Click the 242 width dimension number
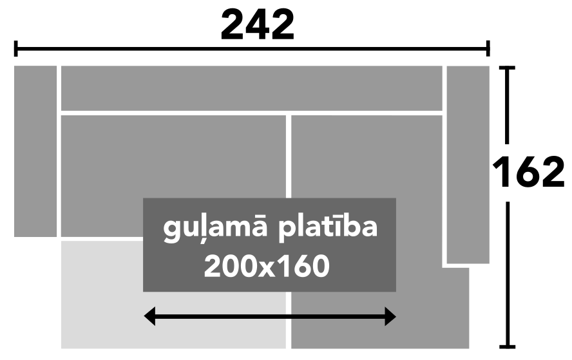tap(258, 25)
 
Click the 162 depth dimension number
tap(528, 172)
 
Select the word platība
tap(328, 228)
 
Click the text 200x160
tap(267, 266)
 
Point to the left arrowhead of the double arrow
tap(150, 316)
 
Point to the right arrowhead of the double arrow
tap(390, 316)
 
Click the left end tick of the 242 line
tap(15, 48)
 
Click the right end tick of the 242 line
tap(488, 48)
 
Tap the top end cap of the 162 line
tap(507, 68)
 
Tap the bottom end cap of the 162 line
tap(507, 346)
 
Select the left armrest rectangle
tap(35, 151)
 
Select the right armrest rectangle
tap(468, 164)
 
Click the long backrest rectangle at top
tap(252, 88)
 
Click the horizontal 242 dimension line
tap(252, 48)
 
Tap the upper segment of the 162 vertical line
tap(507, 105)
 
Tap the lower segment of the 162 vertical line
tap(507, 275)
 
